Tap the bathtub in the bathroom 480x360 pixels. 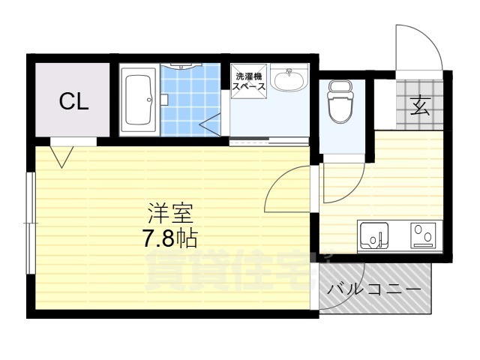(x=137, y=99)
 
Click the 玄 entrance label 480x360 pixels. (x=420, y=106)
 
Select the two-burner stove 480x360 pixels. (x=423, y=236)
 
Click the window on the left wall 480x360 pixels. (x=29, y=223)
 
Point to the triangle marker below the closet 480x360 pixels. (x=61, y=155)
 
